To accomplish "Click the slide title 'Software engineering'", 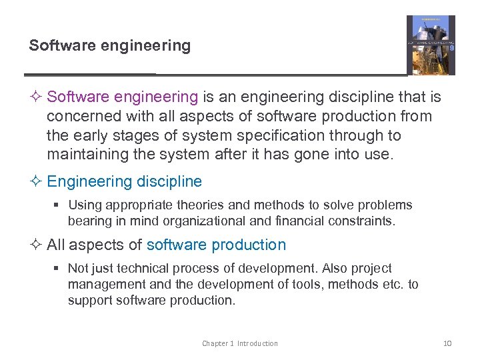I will pos(109,46).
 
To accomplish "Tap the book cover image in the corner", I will pos(431,45).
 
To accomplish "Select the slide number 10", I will pos(447,343).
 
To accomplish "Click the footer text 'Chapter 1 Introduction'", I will pos(240,343).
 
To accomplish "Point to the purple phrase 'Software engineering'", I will pos(123,97).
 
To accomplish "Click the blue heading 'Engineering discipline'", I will pos(124,181).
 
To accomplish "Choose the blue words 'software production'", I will pos(216,245).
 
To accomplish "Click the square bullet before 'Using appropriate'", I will pos(57,205).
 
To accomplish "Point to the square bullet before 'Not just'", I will pos(57,269).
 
